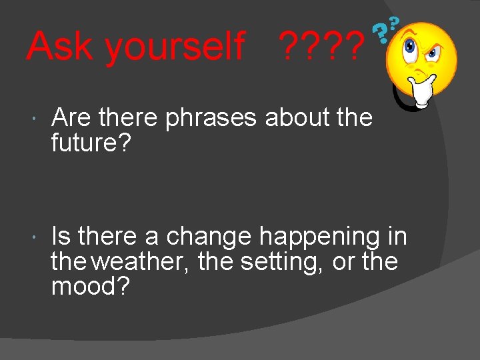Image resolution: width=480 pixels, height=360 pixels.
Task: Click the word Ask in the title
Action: coord(60,46)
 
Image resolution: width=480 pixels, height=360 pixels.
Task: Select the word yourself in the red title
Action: coord(175,47)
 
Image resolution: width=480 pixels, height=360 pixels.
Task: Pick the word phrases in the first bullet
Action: coord(211,118)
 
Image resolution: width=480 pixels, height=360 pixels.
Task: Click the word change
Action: coord(209,237)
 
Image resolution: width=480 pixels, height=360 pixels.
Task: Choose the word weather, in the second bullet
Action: coord(141,261)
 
